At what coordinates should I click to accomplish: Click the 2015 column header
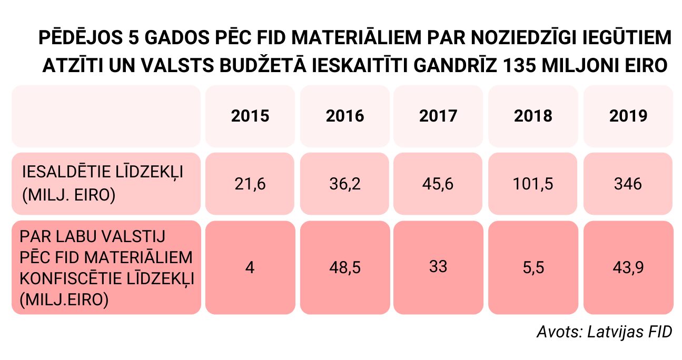250,116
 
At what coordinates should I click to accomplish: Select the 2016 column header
344,116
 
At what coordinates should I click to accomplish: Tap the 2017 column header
438,116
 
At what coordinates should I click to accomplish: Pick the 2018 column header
533,116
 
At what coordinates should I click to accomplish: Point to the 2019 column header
628,116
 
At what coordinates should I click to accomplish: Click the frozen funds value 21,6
250,184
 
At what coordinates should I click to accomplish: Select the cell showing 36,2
344,184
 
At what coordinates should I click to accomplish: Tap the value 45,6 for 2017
438,184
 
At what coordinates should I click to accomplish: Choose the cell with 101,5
533,184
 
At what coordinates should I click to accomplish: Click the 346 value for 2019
628,184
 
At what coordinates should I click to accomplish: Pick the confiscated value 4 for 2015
250,268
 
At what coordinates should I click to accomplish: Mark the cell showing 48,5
344,268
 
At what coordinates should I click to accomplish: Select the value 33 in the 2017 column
438,266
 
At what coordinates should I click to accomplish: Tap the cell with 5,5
533,268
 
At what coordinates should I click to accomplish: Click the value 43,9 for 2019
628,268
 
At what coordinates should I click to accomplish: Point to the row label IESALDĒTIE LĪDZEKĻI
103,172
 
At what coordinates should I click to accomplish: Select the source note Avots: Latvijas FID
605,332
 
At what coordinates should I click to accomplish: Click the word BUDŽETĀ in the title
263,65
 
